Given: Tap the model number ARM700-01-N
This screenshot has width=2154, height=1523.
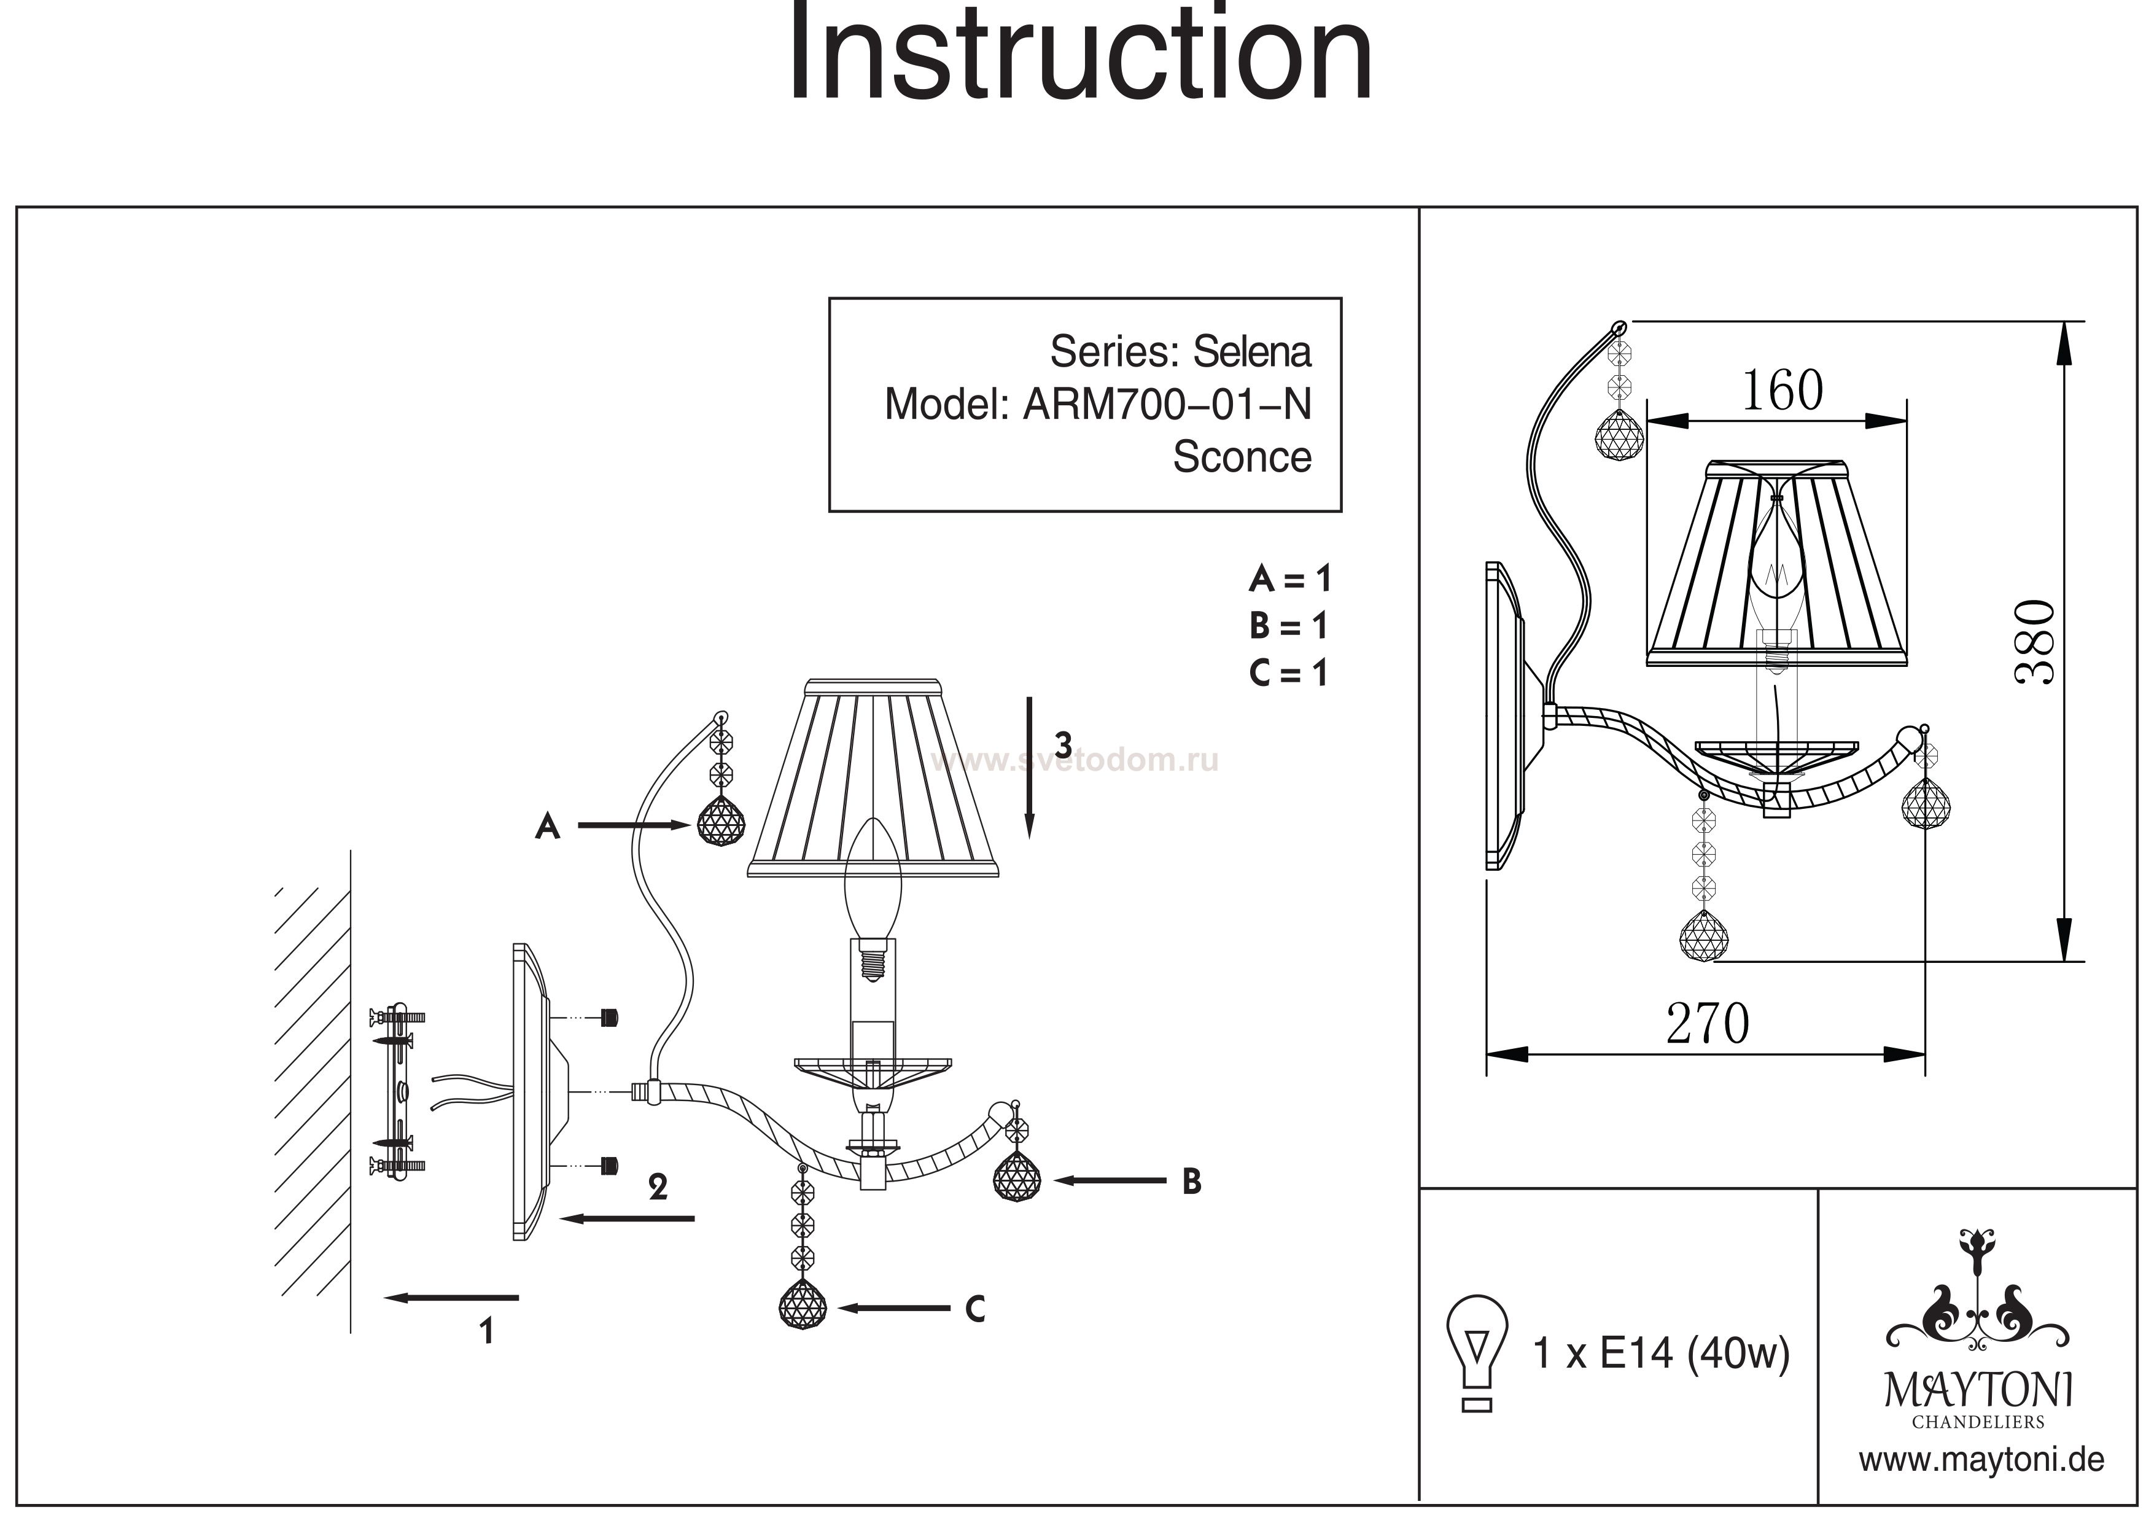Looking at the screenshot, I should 1166,405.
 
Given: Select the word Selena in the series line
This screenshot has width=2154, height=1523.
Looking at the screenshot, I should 1251,352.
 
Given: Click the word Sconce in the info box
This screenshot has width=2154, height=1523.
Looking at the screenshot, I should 1241,457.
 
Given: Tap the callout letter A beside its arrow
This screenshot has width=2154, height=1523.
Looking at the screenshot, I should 548,826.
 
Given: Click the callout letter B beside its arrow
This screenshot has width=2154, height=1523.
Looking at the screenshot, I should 1191,1182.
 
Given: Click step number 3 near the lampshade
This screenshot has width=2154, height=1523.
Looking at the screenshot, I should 1062,744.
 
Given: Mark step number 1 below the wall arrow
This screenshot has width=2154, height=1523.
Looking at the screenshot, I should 486,1331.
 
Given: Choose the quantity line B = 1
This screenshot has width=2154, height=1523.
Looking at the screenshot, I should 1289,626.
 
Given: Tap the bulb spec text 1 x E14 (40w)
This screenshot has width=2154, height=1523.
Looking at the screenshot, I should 1660,1353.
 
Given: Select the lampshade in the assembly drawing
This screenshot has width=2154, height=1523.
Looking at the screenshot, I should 873,779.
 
